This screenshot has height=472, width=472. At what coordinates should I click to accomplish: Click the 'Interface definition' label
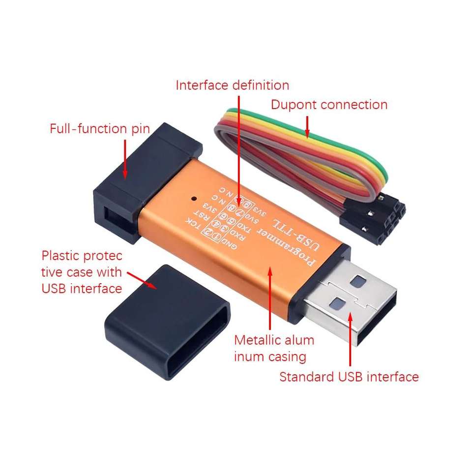click(x=233, y=85)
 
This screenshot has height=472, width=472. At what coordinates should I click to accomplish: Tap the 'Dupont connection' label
click(x=329, y=105)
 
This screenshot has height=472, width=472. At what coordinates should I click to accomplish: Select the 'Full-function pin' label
click(x=100, y=129)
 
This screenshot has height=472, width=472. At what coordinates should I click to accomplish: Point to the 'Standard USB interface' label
click(x=349, y=377)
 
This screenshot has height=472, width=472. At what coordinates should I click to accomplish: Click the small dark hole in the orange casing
click(x=194, y=200)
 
